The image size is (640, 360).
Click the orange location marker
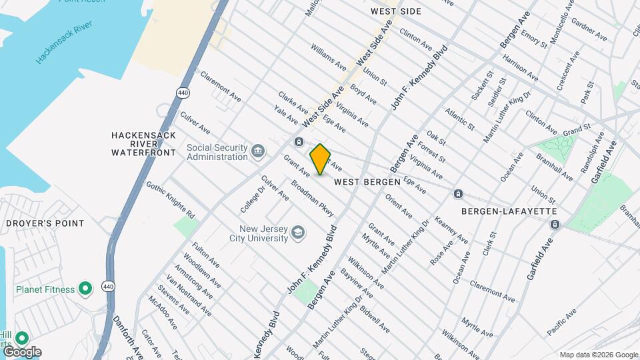coord(320,159)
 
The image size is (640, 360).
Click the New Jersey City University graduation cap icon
coord(298,233)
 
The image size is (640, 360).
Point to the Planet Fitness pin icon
coord(85,289)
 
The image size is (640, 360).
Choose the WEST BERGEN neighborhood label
coord(367,181)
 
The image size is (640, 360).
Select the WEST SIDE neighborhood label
coord(396,11)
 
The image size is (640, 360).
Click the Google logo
coord(21,351)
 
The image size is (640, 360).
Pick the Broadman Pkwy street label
coord(312,197)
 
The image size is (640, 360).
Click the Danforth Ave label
coord(127,337)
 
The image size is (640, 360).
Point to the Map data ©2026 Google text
coord(598,355)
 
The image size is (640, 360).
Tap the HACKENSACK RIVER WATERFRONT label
coord(143,143)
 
